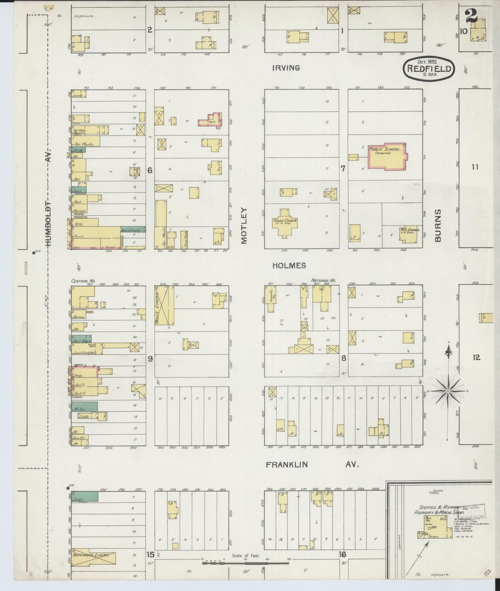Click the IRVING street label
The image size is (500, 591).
click(286, 68)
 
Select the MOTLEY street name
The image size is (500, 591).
click(245, 226)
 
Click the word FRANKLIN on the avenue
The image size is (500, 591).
click(287, 465)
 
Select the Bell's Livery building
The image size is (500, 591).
click(164, 306)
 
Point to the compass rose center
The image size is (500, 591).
click(448, 391)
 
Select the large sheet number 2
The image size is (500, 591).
click(471, 15)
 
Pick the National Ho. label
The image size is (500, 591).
click(323, 281)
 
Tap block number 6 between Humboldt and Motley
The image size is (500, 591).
click(150, 170)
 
